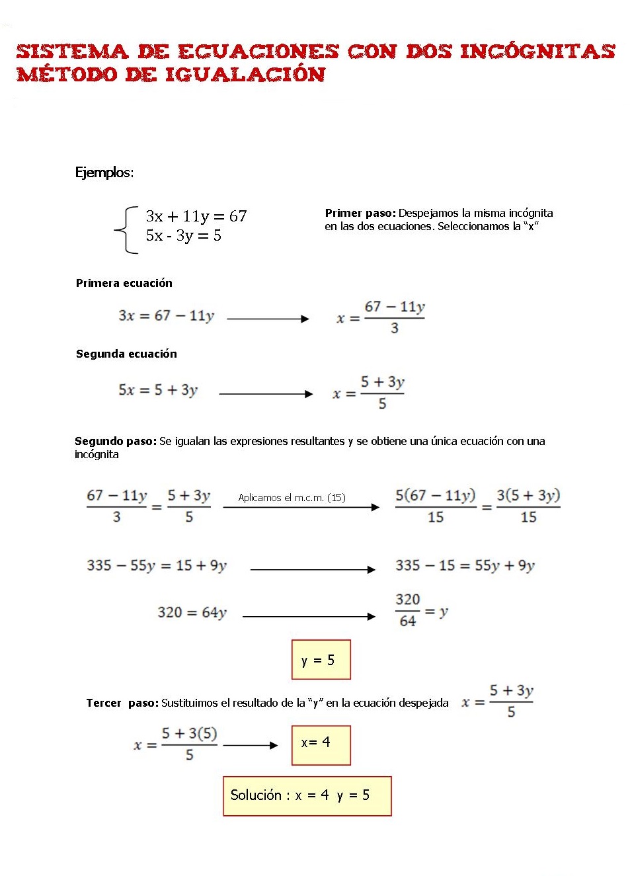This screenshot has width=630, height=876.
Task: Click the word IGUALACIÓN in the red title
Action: (245, 74)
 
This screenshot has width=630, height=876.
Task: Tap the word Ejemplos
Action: (104, 173)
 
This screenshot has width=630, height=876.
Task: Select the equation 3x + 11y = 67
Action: (196, 216)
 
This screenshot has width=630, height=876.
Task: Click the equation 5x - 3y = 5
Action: (183, 235)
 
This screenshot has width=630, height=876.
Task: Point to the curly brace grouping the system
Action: (126, 230)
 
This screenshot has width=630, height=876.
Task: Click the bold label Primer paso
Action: (360, 213)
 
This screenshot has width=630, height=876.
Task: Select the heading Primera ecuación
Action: (124, 283)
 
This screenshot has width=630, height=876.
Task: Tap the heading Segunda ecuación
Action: (126, 354)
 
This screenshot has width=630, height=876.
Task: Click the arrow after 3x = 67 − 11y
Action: (268, 319)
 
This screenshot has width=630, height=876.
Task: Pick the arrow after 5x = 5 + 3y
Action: (266, 394)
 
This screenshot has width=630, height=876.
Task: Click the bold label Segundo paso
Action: (115, 441)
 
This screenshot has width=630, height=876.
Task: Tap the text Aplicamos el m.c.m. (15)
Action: (292, 497)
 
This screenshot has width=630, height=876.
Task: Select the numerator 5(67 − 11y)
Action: (435, 496)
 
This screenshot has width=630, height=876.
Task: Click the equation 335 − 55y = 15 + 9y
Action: (157, 566)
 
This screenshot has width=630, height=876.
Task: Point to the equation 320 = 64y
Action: (192, 613)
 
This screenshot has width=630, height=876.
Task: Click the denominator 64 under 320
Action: (408, 621)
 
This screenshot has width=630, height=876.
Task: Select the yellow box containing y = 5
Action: (321, 659)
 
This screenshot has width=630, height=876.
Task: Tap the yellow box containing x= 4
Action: (321, 745)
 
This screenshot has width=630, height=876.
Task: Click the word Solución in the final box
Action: (256, 795)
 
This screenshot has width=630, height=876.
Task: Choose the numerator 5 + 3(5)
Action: (189, 734)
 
